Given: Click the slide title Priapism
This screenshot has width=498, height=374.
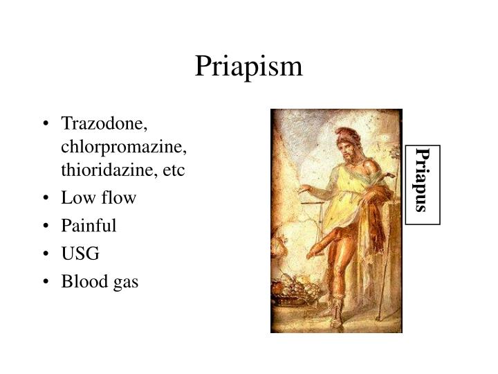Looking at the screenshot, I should [248, 66].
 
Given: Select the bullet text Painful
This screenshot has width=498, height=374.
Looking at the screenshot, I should [89, 226].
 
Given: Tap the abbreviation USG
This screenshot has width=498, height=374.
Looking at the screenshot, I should [80, 253].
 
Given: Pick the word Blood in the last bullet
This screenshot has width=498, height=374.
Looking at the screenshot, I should [80, 281].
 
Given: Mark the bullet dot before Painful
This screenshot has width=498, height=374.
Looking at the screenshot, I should [46, 226].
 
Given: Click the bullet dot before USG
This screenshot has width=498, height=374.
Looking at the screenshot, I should [46, 254].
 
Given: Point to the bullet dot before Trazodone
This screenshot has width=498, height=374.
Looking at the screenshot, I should [46, 124].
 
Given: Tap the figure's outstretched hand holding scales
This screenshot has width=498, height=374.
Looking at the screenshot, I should [303, 188].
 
